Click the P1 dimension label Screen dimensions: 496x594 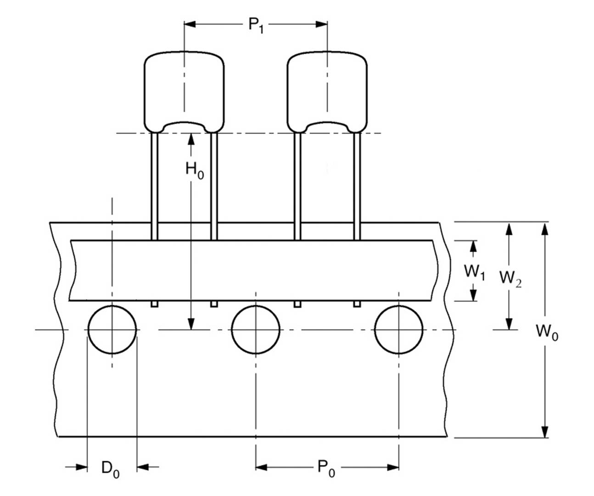point(256,25)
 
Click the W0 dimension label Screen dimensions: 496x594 point(547,331)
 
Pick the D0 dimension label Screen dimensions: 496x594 point(110,469)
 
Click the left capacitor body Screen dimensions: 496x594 point(184,89)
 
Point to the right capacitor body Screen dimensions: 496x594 point(327,89)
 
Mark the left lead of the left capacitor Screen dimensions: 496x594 point(155,183)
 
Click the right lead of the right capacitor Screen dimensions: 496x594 point(357,183)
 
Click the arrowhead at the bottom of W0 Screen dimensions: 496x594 point(544,431)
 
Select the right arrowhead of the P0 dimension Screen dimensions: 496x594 point(392,467)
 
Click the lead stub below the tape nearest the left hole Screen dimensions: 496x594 point(155,304)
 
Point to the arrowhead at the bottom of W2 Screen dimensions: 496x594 point(508,324)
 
